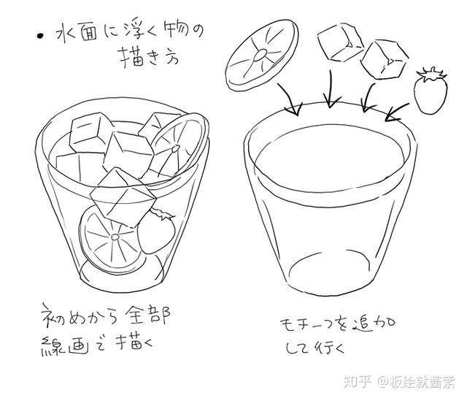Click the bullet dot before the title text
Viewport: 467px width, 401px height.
point(41,34)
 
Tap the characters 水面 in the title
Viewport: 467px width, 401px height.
point(81,34)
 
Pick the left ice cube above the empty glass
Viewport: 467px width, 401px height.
point(339,42)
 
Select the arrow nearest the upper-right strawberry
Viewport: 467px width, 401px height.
point(398,110)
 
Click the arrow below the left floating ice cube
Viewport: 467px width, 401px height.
point(331,91)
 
